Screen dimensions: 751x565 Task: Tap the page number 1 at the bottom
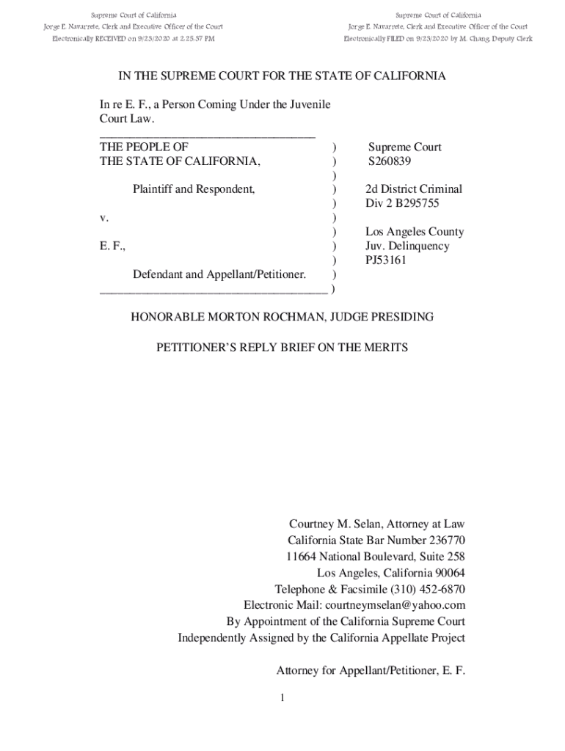tap(282, 697)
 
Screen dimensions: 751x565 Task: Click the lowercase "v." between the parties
tap(104, 218)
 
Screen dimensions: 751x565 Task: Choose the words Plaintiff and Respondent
tap(194, 189)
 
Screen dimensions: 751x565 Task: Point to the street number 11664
tap(302, 557)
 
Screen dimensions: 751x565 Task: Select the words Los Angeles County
tap(415, 232)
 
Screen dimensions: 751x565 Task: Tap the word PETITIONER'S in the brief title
tap(195, 347)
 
